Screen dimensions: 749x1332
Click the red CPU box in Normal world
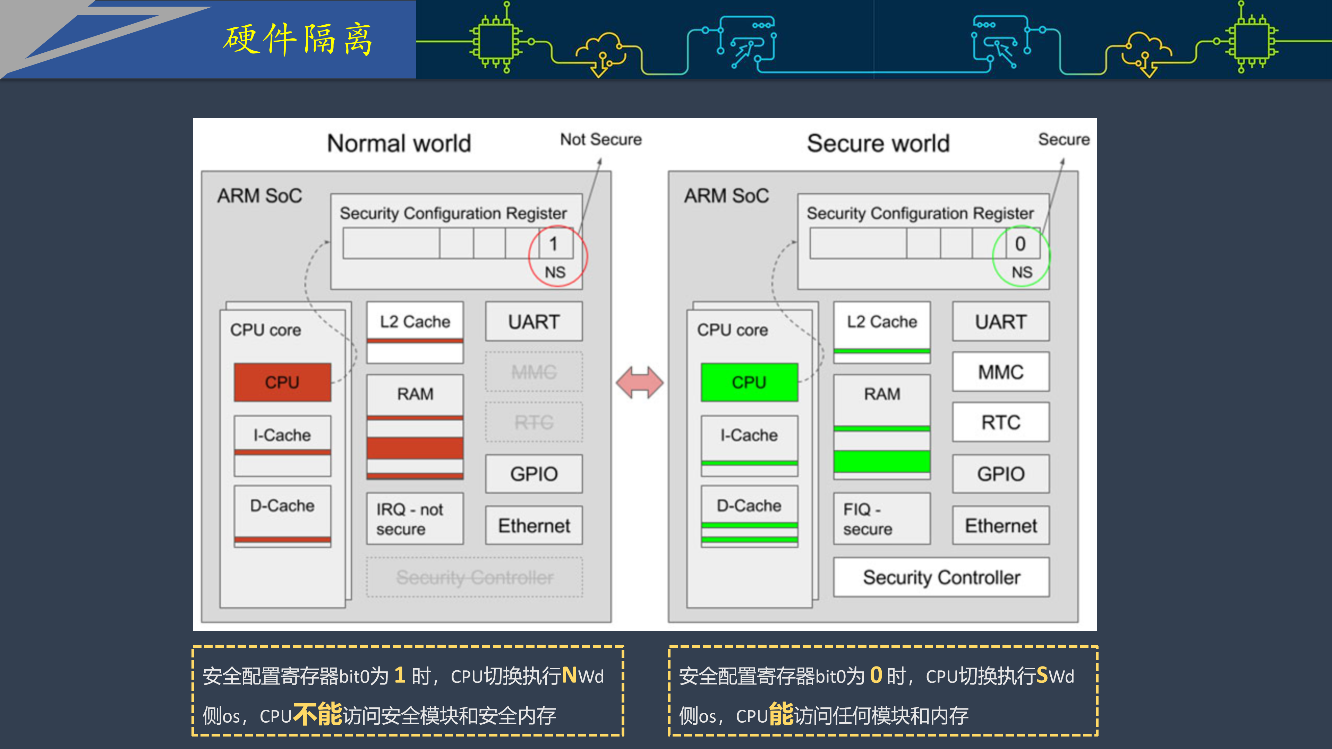pos(282,382)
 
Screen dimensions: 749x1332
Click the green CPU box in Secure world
pos(749,382)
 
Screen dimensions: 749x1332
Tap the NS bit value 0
pos(1020,243)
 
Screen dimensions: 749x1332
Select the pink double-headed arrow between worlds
pos(640,382)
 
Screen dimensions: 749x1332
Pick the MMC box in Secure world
pos(1000,372)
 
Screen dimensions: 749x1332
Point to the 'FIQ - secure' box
pos(881,518)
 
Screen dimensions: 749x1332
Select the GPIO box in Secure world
pos(1000,473)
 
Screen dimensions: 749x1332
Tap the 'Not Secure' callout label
pos(601,139)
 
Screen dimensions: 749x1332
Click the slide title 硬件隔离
pos(298,40)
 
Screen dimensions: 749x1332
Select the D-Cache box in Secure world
pos(749,515)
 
